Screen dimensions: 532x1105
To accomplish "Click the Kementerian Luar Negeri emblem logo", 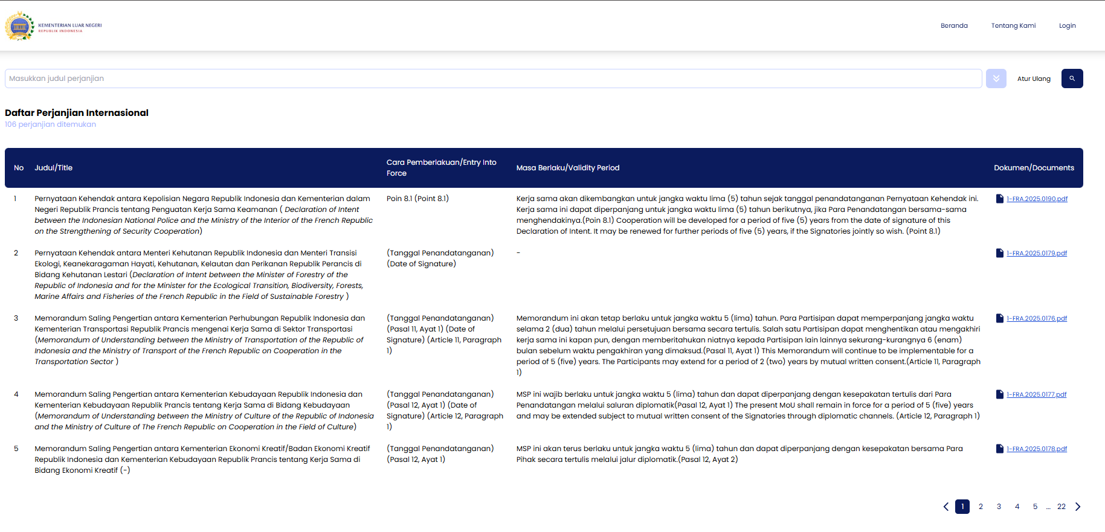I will pyautogui.click(x=20, y=26).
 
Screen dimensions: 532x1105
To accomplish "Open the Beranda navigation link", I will pyautogui.click(x=954, y=25).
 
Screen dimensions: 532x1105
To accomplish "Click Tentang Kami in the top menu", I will pyautogui.click(x=1013, y=25).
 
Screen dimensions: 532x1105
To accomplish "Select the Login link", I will pyautogui.click(x=1067, y=25).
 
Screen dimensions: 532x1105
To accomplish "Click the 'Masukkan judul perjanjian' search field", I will pyautogui.click(x=493, y=79).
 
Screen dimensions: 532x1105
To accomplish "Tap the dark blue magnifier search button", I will pyautogui.click(x=1072, y=79).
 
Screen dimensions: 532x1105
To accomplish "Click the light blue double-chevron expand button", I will pyautogui.click(x=996, y=79).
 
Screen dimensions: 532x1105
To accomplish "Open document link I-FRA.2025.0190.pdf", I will pyautogui.click(x=1037, y=199).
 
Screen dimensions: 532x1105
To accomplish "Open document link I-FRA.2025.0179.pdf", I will pyautogui.click(x=1037, y=253).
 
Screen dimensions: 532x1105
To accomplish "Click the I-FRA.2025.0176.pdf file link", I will pyautogui.click(x=1037, y=318).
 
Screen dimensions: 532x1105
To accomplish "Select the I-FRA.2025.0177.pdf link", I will pyautogui.click(x=1036, y=394).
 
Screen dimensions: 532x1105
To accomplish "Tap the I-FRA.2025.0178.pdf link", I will pyautogui.click(x=1037, y=449).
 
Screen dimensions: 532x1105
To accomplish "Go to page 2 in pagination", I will pyautogui.click(x=981, y=507).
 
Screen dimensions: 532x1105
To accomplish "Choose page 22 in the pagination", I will pyautogui.click(x=1062, y=507).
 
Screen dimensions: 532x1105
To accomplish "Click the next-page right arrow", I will pyautogui.click(x=1078, y=507).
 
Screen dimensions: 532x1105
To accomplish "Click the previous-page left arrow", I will pyautogui.click(x=946, y=507).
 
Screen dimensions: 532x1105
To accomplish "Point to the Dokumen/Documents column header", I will pyautogui.click(x=1034, y=168).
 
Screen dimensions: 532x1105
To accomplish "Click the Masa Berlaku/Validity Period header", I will pyautogui.click(x=568, y=168).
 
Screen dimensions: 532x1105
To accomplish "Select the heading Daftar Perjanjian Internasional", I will pyautogui.click(x=77, y=113).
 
